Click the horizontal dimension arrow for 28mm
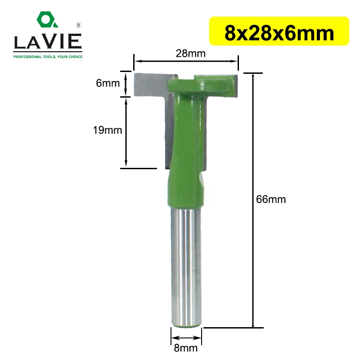coord(186,60)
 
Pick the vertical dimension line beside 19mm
coord(126,133)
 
